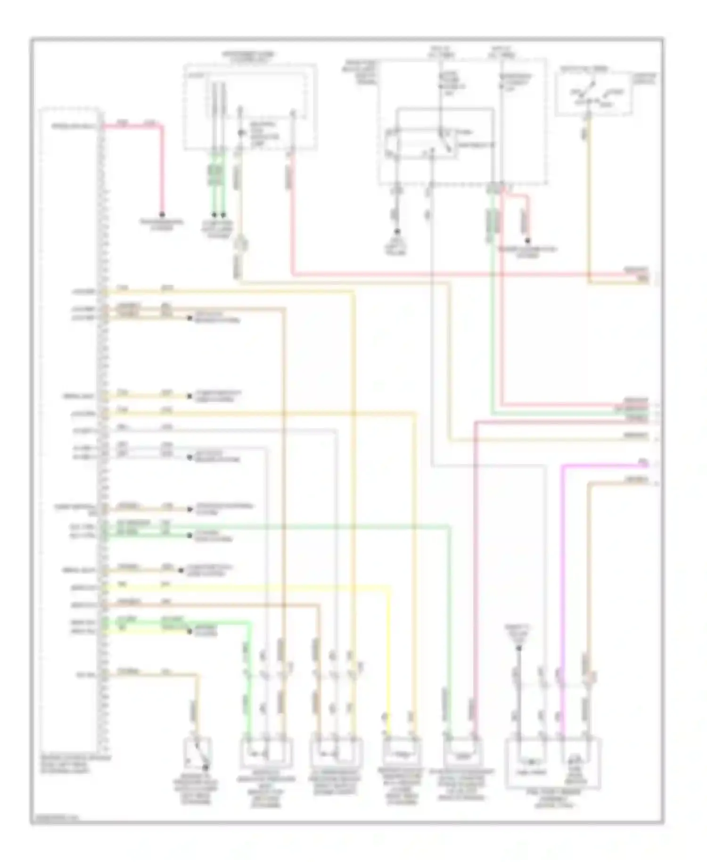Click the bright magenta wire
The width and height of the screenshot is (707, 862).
(562, 566)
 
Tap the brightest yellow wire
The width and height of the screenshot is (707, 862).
(283, 588)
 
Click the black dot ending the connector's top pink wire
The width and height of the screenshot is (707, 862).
(162, 214)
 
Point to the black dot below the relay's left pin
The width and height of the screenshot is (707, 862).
(397, 232)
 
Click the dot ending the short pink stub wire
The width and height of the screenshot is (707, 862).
(528, 240)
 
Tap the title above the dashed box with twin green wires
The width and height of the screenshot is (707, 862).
(249, 58)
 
